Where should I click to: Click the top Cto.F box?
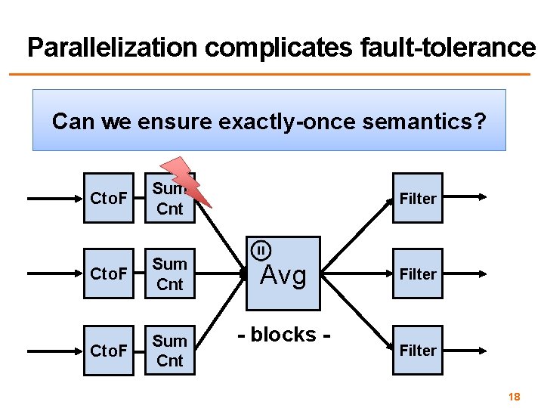108,199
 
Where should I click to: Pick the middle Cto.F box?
108,274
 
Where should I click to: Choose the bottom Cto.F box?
108,351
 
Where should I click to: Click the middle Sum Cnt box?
169,274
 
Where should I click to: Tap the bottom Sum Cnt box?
169,351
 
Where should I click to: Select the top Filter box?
418,199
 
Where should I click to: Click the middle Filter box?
418,274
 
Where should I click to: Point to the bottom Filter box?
418,351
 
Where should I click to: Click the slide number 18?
515,396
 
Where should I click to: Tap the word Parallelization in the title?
113,48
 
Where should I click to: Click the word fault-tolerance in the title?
445,48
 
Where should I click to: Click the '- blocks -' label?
284,334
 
